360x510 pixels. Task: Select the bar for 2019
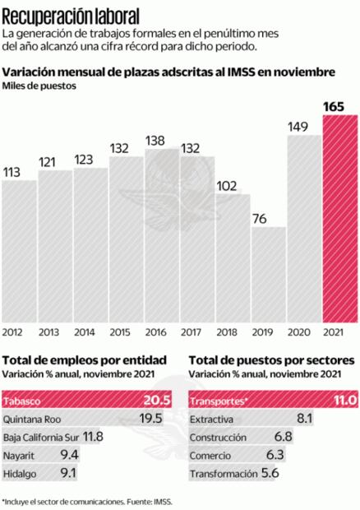point(269,276)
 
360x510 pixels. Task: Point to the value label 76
point(269,217)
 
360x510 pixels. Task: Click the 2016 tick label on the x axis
point(162,332)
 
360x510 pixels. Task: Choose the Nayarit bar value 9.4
point(69,455)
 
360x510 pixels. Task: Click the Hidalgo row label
point(21,474)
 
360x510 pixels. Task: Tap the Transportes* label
point(217,401)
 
